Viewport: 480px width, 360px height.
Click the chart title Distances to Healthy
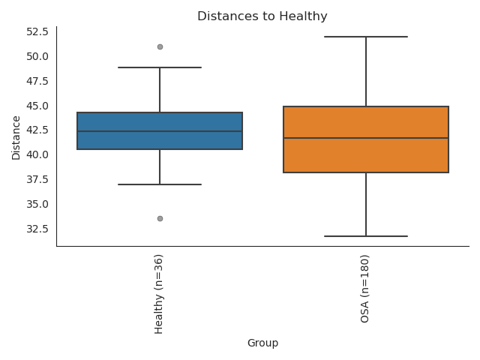point(262,16)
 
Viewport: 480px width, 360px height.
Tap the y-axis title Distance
point(16,137)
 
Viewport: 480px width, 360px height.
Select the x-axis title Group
point(262,343)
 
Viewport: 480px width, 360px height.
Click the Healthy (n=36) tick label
point(159,294)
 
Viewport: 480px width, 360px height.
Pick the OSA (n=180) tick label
point(365,289)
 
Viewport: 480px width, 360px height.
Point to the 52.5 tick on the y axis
point(37,31)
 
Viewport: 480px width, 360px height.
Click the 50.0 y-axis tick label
point(37,56)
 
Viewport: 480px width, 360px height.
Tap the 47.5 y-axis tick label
point(37,81)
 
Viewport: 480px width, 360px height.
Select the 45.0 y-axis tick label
point(37,106)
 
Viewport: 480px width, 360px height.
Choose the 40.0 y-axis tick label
point(37,154)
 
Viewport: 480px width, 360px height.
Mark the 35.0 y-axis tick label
point(37,204)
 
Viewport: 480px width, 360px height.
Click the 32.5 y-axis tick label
point(37,229)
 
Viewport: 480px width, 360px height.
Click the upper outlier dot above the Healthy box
point(160,46)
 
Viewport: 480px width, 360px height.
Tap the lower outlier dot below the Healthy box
point(160,218)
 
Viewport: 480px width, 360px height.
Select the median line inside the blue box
point(160,131)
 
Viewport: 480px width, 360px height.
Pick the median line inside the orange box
point(366,138)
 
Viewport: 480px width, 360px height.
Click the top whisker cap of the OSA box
point(366,37)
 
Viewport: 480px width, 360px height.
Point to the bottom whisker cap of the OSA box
point(366,236)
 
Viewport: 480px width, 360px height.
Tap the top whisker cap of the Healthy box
point(160,67)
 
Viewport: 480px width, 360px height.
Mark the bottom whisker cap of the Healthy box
point(160,184)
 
